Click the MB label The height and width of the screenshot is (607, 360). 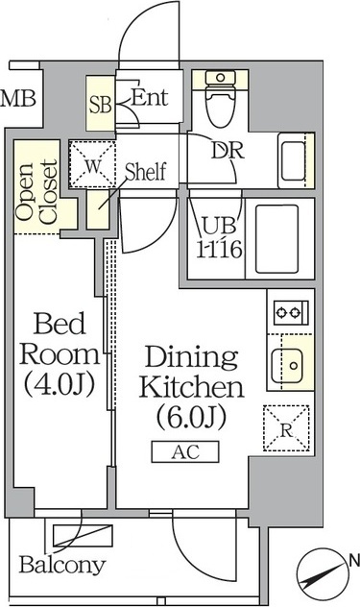18,99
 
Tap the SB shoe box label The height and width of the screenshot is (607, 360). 100,104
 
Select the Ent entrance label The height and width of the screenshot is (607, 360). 150,97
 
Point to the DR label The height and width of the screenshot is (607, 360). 228,150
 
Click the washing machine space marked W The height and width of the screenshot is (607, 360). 92,165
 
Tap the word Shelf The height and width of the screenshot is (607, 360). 146,172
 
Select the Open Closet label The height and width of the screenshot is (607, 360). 36,192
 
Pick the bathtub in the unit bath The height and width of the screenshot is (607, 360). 276,239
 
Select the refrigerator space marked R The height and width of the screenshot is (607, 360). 286,428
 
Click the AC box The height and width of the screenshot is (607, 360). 185,451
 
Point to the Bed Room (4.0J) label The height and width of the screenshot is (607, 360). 60,354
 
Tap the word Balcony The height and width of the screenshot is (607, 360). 62,565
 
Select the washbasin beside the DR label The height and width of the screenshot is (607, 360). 293,160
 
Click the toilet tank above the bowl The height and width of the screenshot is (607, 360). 220,78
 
